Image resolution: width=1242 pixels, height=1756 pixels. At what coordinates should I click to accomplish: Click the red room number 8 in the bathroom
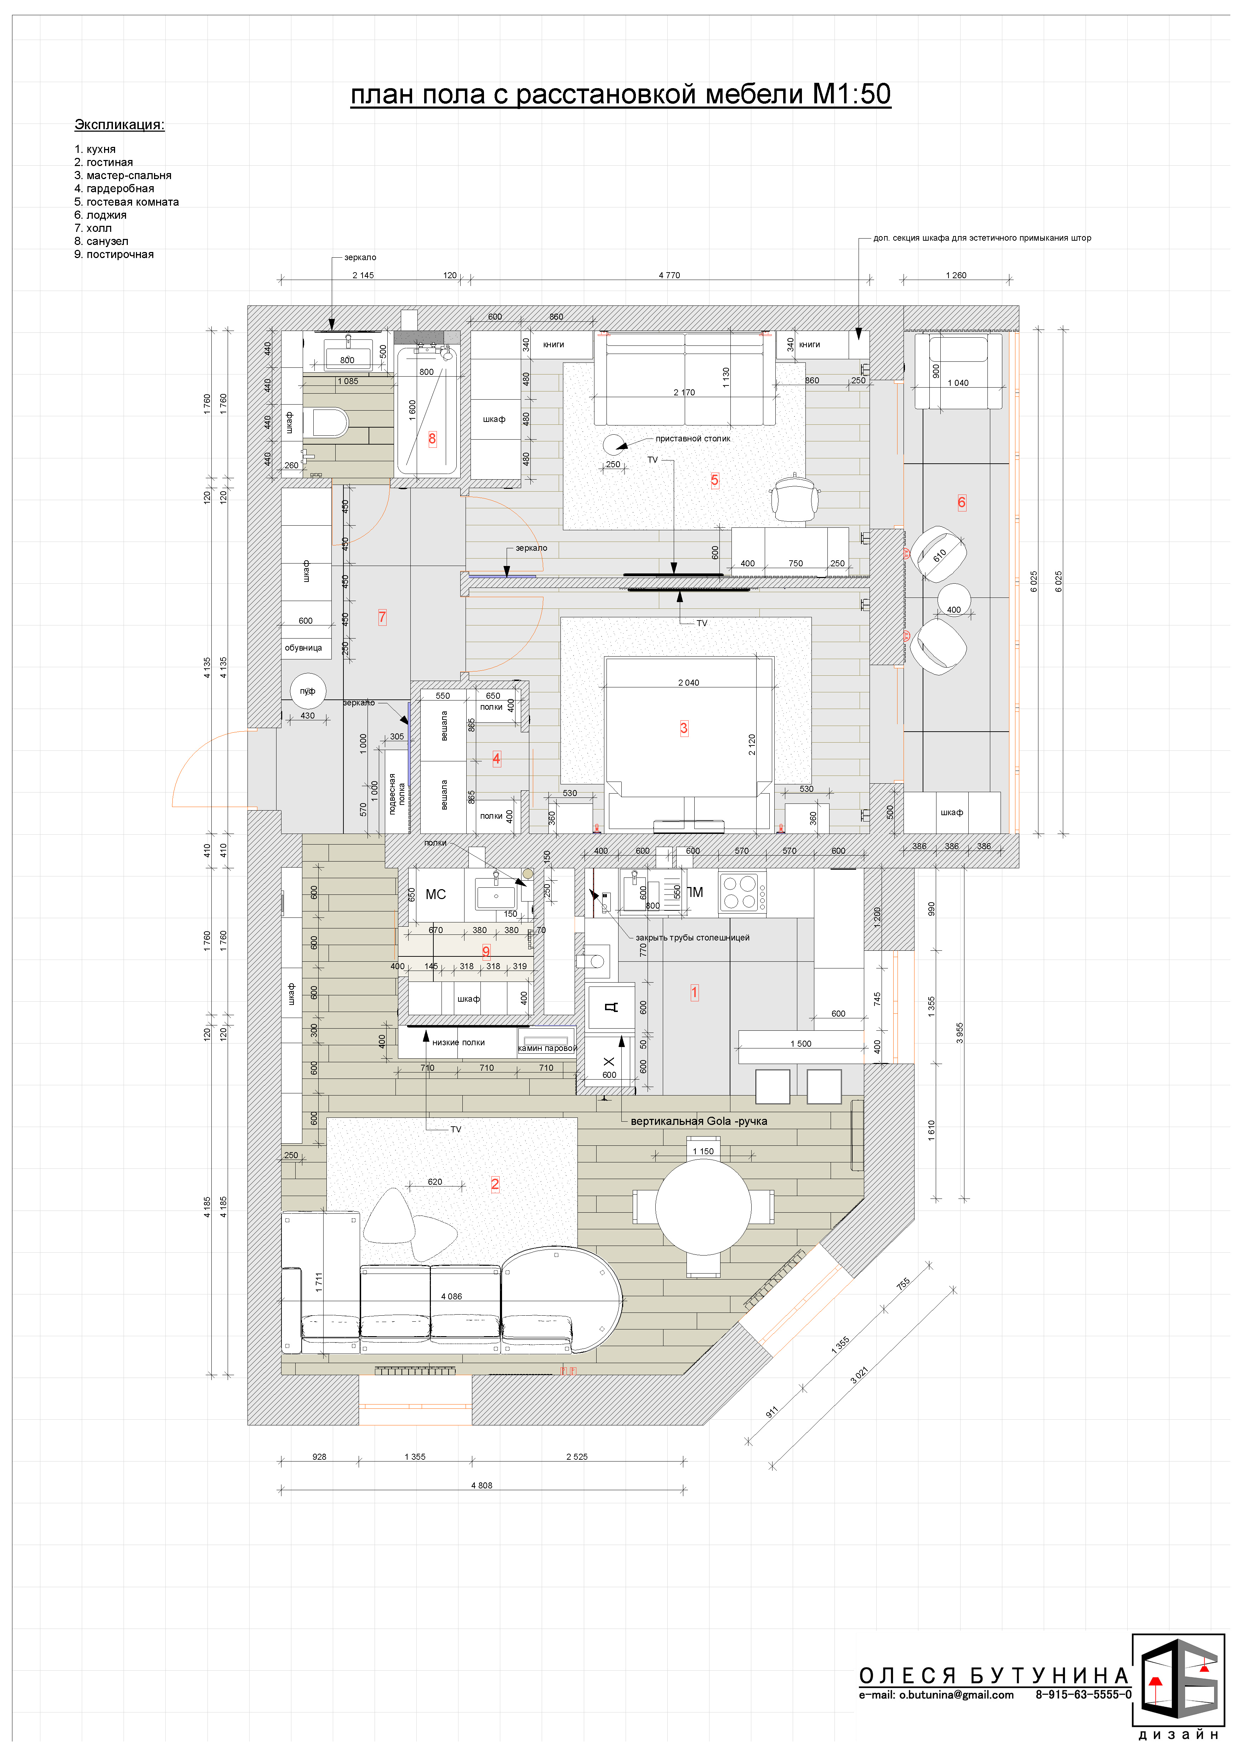(432, 439)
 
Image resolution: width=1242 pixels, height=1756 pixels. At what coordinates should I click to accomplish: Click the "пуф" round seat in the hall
(307, 691)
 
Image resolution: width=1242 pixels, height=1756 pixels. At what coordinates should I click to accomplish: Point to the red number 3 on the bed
(684, 728)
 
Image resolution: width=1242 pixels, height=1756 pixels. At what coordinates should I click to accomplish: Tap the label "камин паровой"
(547, 1048)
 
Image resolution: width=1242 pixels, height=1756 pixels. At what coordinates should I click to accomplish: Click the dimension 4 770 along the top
(669, 275)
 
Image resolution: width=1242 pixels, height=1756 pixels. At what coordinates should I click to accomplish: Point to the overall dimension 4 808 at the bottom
(482, 1485)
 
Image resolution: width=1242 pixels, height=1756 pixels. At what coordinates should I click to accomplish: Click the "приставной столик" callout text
(693, 439)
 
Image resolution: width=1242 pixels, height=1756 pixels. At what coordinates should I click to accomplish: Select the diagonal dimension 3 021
(860, 1375)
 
